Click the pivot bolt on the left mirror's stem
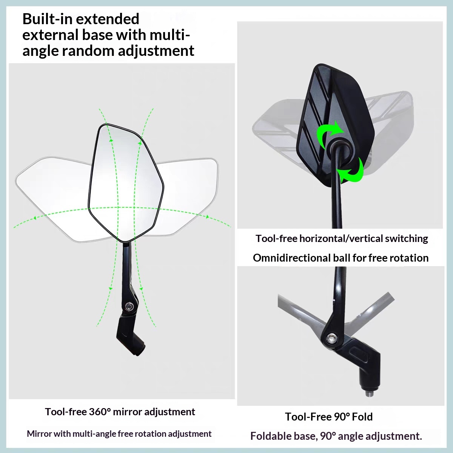129,306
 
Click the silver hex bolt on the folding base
331,338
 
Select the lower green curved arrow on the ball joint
351,170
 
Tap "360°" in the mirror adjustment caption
100,411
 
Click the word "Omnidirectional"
291,258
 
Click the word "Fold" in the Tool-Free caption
362,417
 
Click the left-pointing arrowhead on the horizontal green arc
35,218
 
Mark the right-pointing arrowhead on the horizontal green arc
207,217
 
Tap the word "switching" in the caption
407,239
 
